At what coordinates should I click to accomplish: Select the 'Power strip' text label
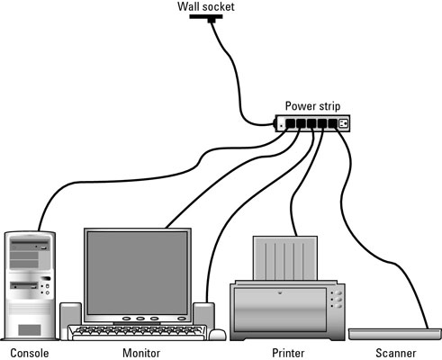tap(312, 104)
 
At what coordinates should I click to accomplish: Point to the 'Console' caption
tap(26, 353)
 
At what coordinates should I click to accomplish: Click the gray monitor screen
tap(138, 271)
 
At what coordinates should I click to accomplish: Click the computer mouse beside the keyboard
tap(217, 335)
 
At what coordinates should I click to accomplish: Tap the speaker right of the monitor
tap(203, 314)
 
